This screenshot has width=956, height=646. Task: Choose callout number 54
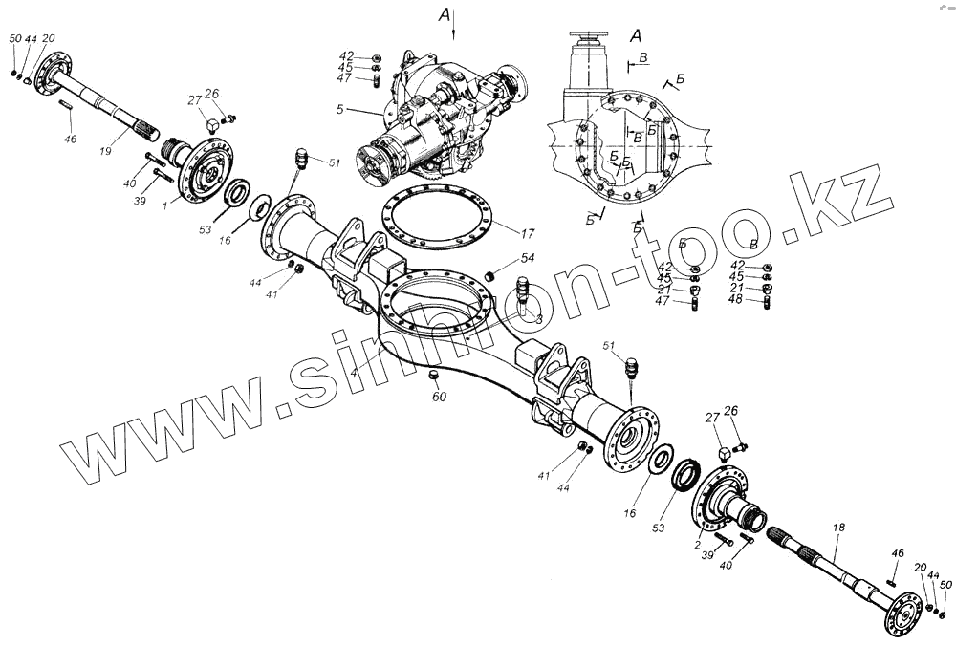(527, 258)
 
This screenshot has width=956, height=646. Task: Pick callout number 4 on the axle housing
(353, 370)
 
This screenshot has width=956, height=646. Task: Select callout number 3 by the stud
(539, 319)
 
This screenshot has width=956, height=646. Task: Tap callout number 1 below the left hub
(164, 205)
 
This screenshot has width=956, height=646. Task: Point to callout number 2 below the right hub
(699, 544)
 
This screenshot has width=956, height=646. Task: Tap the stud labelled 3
(524, 291)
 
